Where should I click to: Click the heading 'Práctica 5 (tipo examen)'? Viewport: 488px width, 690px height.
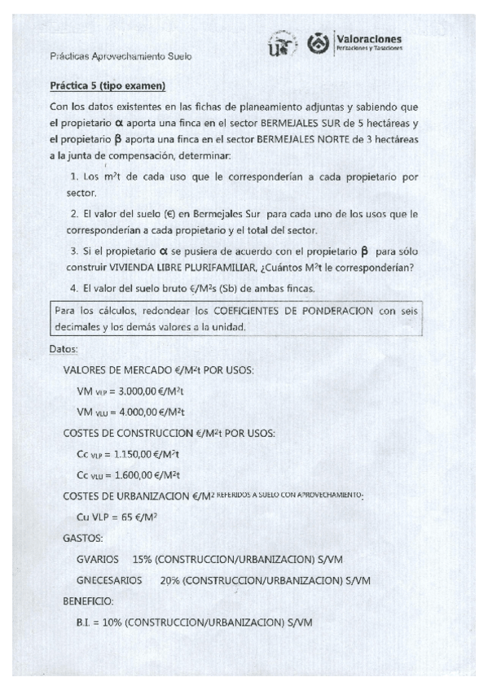[x=108, y=85]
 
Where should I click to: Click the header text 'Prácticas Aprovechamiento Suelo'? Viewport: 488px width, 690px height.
[x=121, y=56]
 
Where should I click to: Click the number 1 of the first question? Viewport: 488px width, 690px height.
[x=73, y=177]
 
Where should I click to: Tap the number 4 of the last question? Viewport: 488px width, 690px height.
[x=73, y=288]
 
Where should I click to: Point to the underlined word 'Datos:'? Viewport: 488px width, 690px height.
[x=64, y=349]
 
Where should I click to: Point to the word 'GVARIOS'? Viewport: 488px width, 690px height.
[x=98, y=560]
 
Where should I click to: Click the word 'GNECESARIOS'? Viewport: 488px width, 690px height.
[x=108, y=581]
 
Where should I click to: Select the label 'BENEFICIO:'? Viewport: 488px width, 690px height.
[x=88, y=601]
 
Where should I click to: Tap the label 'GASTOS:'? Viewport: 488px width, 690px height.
[x=82, y=539]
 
